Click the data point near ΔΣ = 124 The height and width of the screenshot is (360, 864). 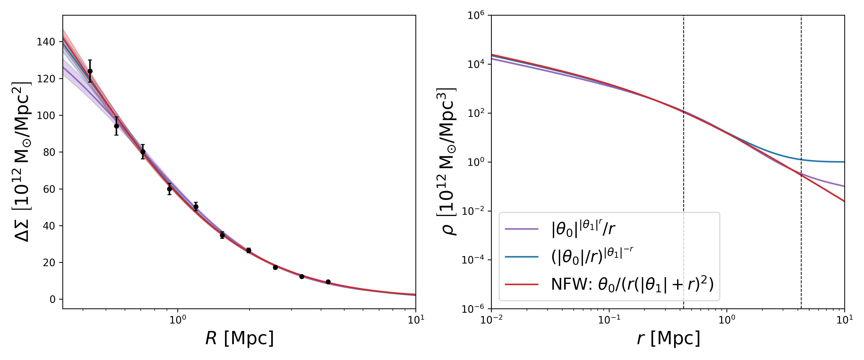point(90,71)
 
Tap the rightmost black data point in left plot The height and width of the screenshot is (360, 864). point(328,282)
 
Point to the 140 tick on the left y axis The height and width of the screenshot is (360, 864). point(46,42)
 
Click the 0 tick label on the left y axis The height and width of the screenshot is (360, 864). point(52,299)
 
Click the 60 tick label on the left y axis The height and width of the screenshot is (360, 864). point(49,189)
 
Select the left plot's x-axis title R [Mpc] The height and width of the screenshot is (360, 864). point(240,338)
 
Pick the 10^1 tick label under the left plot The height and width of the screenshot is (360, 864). point(416,319)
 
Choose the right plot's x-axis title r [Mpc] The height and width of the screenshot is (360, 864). point(668,338)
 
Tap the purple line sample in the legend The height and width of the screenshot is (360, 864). point(522,229)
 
